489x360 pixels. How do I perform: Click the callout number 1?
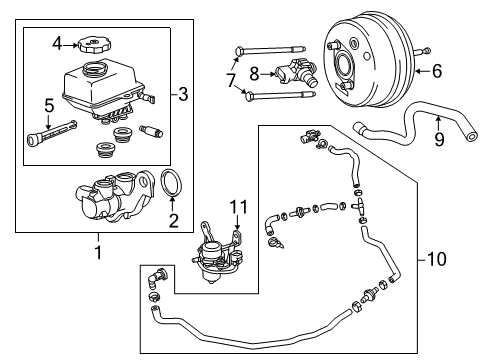coord(97,253)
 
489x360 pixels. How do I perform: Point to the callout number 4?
coord(58,42)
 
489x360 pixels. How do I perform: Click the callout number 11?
coord(237,208)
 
